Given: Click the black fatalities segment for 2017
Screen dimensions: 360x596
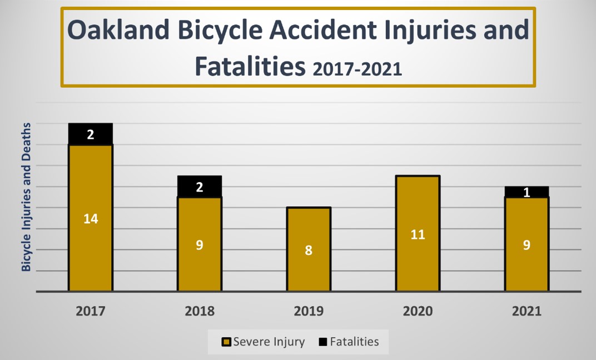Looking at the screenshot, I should pos(91,134).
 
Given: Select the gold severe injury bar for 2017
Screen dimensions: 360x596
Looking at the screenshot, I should pos(91,244).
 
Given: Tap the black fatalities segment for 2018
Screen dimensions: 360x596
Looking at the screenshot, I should pos(200,187).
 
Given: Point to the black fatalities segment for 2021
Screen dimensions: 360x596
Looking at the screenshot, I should pos(527,192).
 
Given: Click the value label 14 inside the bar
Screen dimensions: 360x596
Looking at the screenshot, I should pos(91,219).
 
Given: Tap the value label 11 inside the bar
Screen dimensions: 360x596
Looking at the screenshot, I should pos(418,234).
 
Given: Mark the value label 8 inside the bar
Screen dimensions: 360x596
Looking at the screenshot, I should pos(309,251).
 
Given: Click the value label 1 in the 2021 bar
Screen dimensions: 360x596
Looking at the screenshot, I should pos(527,193).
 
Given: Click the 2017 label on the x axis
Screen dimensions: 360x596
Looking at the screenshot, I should pos(91,312).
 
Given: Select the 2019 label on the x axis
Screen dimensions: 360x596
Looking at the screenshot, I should pos(309,312).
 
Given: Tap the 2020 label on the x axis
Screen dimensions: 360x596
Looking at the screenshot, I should pos(418,312).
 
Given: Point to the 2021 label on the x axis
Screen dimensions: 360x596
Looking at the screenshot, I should pos(527,312).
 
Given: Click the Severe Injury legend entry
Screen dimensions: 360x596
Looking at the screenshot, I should pos(264,342).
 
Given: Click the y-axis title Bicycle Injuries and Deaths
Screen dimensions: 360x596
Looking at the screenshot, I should pos(26,197).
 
